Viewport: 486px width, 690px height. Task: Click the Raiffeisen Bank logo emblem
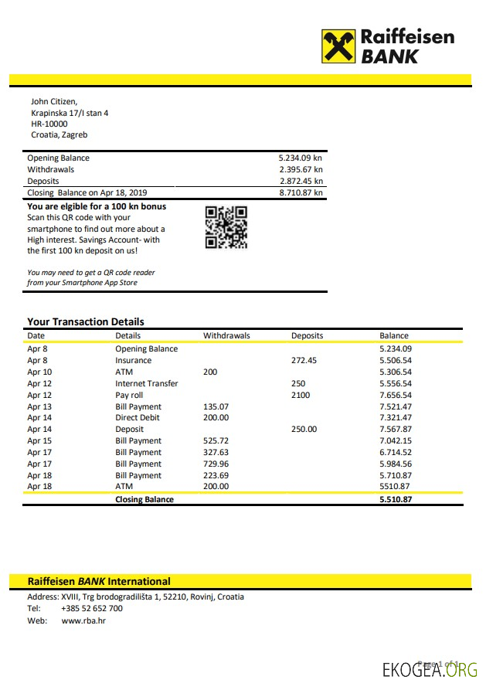[x=338, y=46]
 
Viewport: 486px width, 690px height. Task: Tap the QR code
[x=226, y=227]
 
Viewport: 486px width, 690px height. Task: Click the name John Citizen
[x=54, y=101]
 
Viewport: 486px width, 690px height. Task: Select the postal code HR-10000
[x=49, y=124]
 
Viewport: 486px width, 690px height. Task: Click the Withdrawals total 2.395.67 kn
[x=301, y=169]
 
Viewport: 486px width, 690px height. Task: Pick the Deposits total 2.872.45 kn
[x=301, y=181]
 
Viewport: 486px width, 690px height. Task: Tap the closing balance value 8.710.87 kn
[x=301, y=192]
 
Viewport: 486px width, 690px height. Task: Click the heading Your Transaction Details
[x=86, y=321]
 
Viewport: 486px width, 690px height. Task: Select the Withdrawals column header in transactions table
[x=226, y=335]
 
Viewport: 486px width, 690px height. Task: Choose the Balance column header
[x=394, y=335]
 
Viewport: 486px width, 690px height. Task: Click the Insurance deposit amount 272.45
[x=304, y=360]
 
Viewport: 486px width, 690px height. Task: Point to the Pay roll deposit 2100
[x=301, y=395]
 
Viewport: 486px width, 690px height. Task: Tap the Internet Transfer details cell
[x=147, y=383]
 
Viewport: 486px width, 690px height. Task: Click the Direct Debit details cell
[x=138, y=417]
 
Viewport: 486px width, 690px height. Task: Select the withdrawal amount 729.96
[x=216, y=464]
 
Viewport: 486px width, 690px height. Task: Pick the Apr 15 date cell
[x=39, y=440]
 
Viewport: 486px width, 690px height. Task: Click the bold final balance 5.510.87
[x=396, y=499]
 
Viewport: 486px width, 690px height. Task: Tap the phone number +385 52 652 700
[x=92, y=608]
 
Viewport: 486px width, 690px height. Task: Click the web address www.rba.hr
[x=83, y=620]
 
